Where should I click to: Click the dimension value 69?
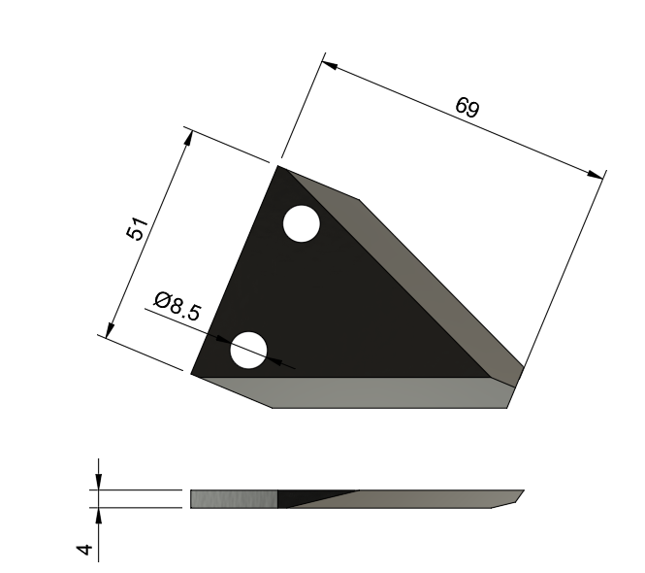467,107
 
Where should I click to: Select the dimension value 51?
138,230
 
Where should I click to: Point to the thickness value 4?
85,549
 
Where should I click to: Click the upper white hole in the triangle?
301,224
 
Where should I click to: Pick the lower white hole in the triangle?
248,350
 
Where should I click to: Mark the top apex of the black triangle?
279,168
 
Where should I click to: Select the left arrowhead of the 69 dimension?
330,67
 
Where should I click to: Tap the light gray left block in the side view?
233,499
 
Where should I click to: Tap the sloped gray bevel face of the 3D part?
427,282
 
